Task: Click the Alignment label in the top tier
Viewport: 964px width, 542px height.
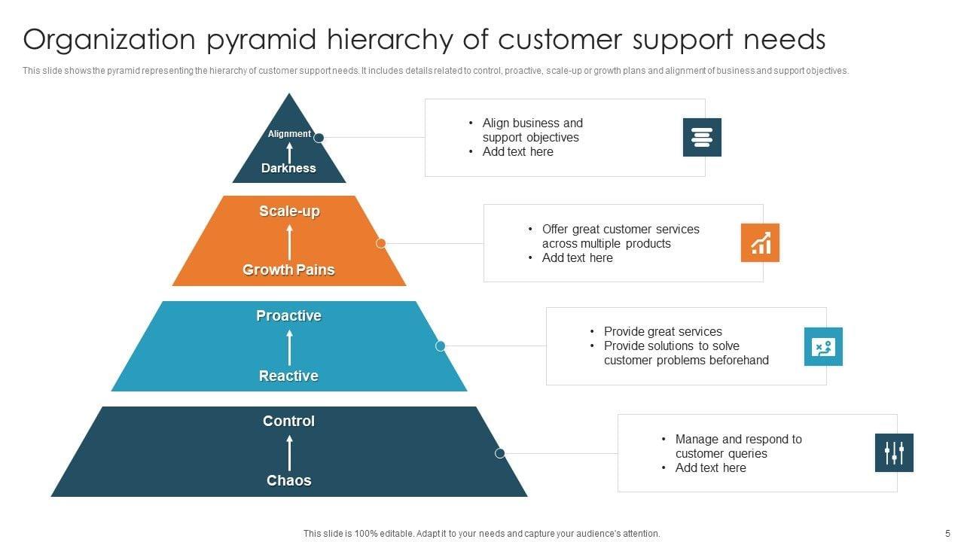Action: pos(289,134)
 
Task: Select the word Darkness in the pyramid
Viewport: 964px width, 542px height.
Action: pos(288,168)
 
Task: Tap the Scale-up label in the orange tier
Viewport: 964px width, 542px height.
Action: pos(289,212)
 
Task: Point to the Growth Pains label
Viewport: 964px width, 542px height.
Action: pos(288,269)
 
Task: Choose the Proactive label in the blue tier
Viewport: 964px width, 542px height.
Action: pos(288,315)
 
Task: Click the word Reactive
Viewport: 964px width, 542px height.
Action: pos(288,376)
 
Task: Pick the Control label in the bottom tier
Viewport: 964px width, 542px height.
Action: pos(288,421)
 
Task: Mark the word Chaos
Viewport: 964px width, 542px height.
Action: pos(288,480)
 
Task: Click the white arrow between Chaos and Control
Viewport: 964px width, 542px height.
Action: pos(289,452)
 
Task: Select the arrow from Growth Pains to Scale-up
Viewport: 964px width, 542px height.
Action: pos(289,241)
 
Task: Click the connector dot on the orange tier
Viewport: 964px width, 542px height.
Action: pos(381,243)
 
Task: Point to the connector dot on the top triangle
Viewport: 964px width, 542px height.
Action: pos(319,138)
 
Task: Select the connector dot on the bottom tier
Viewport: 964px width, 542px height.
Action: pos(499,453)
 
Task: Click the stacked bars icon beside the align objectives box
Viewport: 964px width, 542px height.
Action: pos(702,137)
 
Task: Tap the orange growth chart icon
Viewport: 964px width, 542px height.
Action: pos(760,242)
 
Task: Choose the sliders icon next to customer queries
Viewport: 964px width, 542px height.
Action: pos(894,452)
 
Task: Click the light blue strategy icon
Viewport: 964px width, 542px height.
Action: pos(823,346)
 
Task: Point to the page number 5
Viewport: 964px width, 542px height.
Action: pos(947,533)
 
